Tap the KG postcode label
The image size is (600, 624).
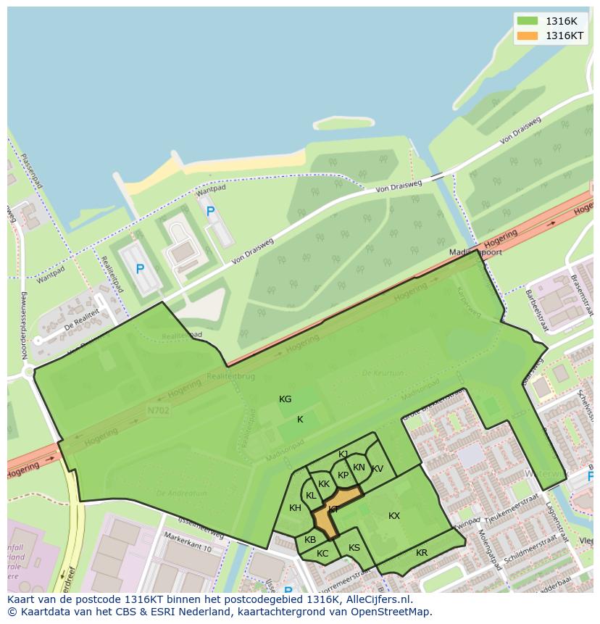click(x=286, y=399)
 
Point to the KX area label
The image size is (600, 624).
click(x=394, y=516)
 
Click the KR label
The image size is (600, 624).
click(x=422, y=553)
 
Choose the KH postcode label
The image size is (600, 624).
click(x=295, y=508)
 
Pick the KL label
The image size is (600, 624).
click(x=311, y=496)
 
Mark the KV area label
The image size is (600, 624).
click(x=378, y=469)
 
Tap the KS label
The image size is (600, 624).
click(x=354, y=548)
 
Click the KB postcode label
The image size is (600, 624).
click(x=310, y=540)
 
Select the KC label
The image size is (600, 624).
click(x=322, y=554)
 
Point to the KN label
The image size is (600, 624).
click(x=359, y=467)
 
